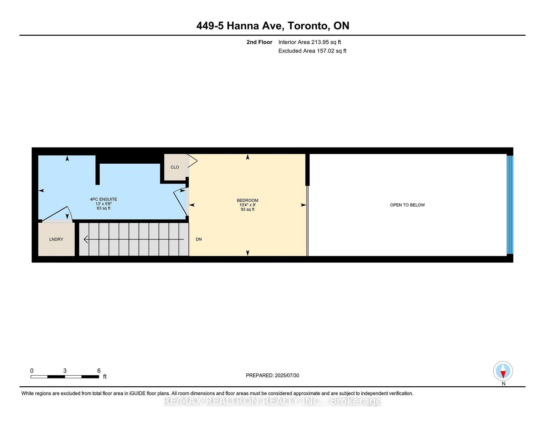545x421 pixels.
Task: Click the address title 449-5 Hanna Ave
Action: click(x=240, y=26)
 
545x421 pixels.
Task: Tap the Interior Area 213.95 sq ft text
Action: click(x=309, y=42)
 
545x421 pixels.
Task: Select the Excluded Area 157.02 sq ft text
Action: click(x=312, y=51)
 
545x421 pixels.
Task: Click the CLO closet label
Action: click(x=175, y=167)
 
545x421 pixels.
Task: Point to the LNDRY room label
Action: click(x=56, y=239)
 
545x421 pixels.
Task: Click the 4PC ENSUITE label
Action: click(x=103, y=199)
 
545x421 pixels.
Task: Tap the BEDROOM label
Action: click(x=248, y=200)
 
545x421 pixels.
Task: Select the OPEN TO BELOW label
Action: click(x=407, y=205)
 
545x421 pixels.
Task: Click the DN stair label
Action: click(x=199, y=239)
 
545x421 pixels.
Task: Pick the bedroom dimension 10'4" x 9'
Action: click(x=248, y=205)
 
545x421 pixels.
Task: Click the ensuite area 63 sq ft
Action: click(x=103, y=208)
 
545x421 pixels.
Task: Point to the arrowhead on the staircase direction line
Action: click(x=86, y=239)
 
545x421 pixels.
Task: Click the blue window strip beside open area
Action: click(x=510, y=205)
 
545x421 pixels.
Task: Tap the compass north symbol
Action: click(x=503, y=371)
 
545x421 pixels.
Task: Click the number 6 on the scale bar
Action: click(x=99, y=371)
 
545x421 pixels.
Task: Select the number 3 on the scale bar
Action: click(x=65, y=371)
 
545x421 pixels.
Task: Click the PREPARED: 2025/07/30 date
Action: click(x=272, y=375)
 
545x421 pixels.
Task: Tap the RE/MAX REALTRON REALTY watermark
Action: click(x=272, y=401)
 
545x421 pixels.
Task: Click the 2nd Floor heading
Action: click(x=260, y=42)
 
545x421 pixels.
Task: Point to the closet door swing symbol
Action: click(x=192, y=161)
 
